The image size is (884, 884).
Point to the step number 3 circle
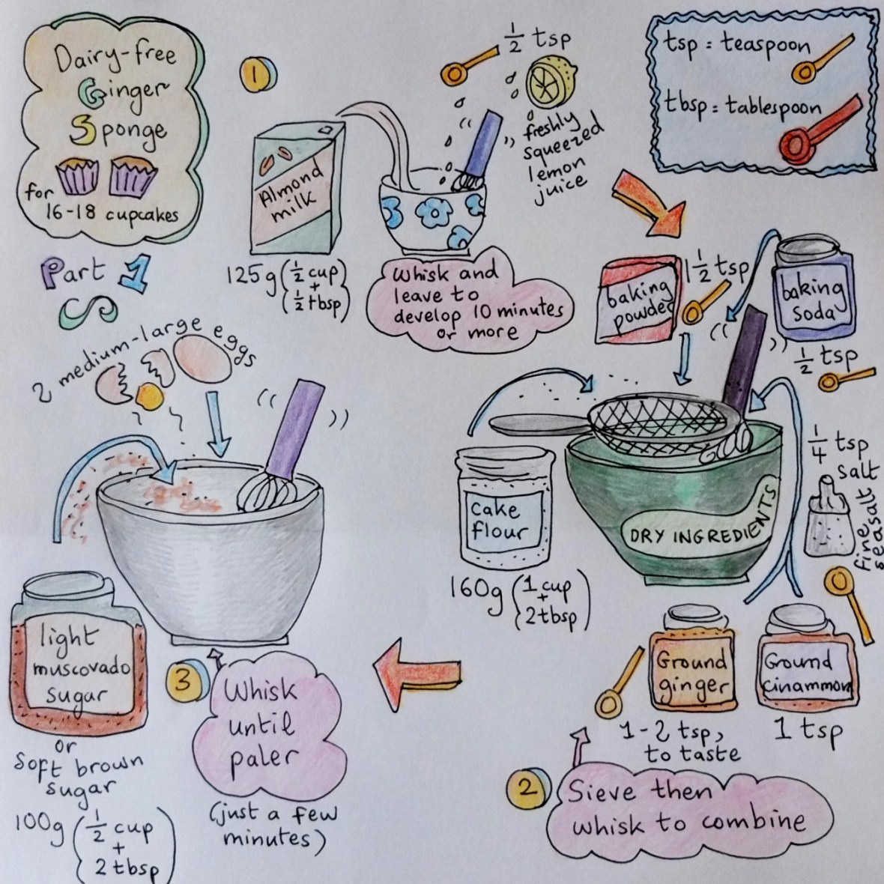(185, 681)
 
